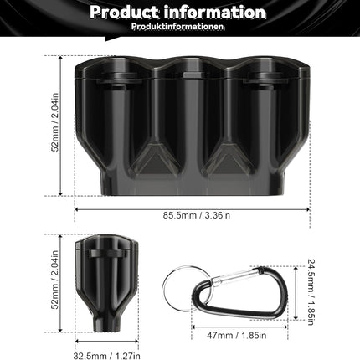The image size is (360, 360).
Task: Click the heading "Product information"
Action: coord(177,13)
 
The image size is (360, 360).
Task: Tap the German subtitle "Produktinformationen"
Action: coord(177,27)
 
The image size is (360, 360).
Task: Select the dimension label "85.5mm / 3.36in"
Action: coord(197,215)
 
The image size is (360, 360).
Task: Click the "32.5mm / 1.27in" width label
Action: coord(106,356)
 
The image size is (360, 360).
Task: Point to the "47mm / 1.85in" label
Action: coord(237,335)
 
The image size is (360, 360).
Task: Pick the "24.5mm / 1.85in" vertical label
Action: coord(311,292)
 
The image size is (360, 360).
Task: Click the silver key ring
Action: coord(164,291)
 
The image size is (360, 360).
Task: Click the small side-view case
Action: coord(106,283)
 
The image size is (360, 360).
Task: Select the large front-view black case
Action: coord(193,126)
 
